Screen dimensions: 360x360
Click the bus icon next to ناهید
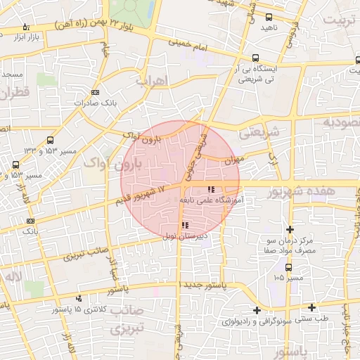(x=269, y=18)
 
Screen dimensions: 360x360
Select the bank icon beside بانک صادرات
(x=96, y=92)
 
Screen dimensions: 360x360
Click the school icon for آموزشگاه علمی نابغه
(x=211, y=189)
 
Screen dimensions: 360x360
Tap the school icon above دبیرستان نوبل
(x=185, y=226)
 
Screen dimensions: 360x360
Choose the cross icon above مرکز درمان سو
(x=290, y=229)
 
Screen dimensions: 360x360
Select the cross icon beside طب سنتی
(x=312, y=307)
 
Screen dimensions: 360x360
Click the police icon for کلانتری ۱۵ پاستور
(x=79, y=298)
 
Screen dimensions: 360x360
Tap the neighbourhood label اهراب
(x=153, y=79)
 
